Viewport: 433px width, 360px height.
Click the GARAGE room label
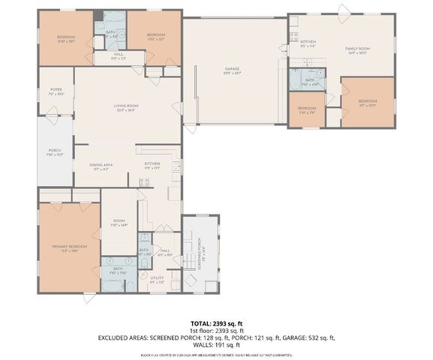tap(232, 69)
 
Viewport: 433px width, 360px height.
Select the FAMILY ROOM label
tap(358, 49)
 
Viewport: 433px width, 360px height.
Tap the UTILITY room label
tap(157, 277)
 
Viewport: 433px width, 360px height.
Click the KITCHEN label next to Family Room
tap(308, 42)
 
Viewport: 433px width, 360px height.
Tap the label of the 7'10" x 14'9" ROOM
tap(119, 222)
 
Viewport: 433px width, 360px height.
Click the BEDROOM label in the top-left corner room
tap(67, 37)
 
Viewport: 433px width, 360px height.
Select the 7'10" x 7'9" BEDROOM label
tap(306, 109)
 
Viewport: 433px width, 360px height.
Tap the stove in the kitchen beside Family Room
tap(294, 37)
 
